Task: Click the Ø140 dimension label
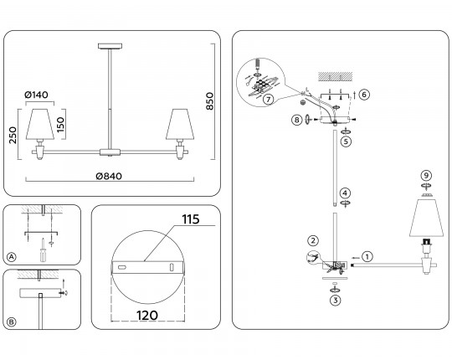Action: click(36, 95)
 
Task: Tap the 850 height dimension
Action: click(210, 100)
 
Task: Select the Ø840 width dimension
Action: click(109, 176)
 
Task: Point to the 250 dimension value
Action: click(13, 135)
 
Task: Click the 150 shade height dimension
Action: click(60, 125)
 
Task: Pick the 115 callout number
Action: click(191, 219)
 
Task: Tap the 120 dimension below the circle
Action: click(147, 316)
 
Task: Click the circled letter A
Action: click(11, 257)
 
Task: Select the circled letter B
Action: click(11, 321)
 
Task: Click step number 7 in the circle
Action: click(269, 100)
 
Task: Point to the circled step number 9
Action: click(426, 175)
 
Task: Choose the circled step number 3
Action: click(336, 301)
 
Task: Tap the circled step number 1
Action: click(367, 256)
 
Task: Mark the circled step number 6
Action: click(364, 95)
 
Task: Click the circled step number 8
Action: click(296, 120)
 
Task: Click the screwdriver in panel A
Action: click(43, 250)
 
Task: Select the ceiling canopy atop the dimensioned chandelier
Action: click(110, 46)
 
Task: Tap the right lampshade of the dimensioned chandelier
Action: click(180, 124)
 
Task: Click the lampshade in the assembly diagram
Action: click(426, 218)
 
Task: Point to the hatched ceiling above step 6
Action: click(336, 76)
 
